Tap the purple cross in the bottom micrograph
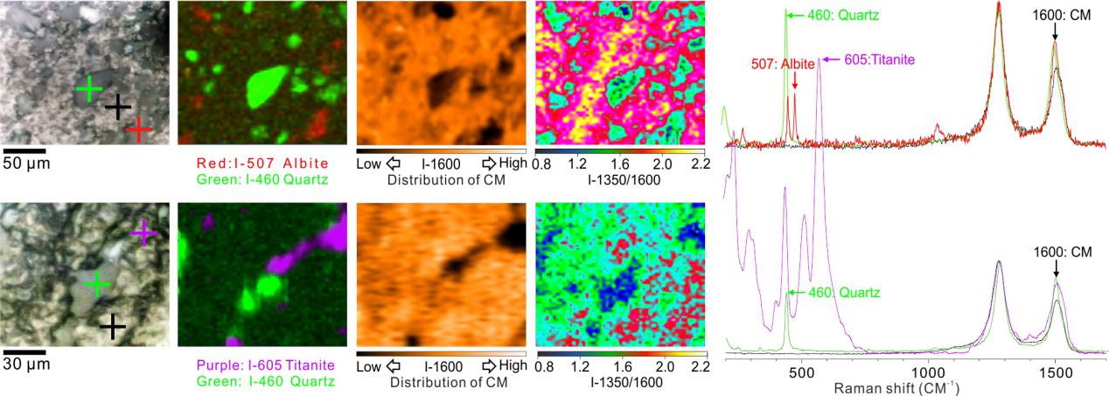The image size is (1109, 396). [x=143, y=233]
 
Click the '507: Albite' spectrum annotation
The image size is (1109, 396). [x=784, y=64]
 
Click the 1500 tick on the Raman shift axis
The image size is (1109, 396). [x=1056, y=371]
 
